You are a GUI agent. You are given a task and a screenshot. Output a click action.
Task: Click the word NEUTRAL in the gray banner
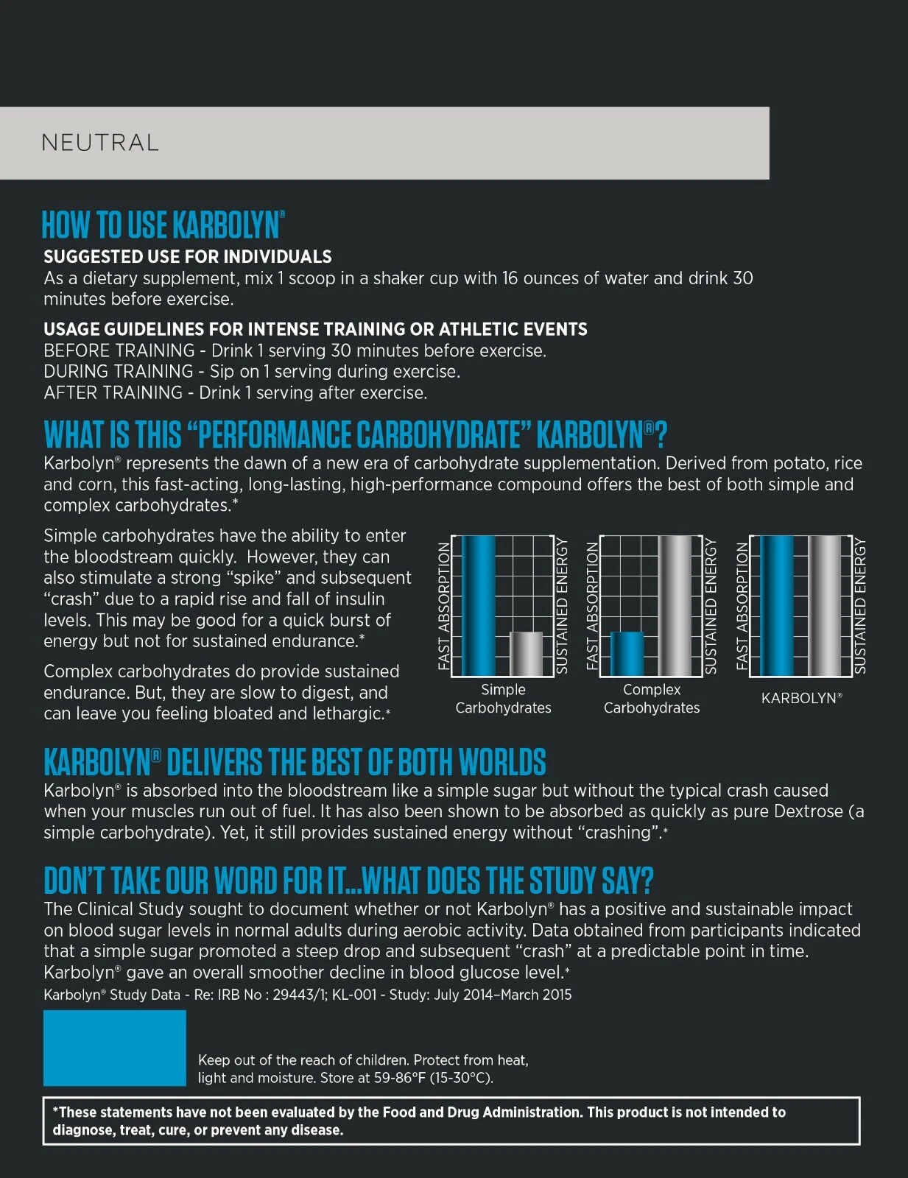pos(100,143)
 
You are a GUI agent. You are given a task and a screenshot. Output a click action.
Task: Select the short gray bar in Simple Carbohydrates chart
pos(526,653)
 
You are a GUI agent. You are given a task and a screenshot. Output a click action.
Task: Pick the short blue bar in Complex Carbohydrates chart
pos(627,653)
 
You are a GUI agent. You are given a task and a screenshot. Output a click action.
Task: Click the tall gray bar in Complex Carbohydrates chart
pos(675,605)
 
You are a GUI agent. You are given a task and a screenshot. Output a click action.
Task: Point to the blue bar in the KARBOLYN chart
pos(776,605)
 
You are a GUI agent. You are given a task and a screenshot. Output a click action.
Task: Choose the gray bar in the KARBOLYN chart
pos(825,605)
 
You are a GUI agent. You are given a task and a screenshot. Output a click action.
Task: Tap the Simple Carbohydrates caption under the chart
pos(503,699)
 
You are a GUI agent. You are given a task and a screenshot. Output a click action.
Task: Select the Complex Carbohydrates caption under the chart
pos(652,699)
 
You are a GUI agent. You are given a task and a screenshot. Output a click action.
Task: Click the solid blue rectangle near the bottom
pos(114,1048)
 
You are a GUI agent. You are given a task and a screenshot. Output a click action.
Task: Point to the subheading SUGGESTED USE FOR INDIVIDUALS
pos(188,257)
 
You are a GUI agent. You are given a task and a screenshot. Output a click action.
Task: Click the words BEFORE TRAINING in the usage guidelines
pos(119,350)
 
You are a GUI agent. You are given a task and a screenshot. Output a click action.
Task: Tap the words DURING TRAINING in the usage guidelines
pos(118,372)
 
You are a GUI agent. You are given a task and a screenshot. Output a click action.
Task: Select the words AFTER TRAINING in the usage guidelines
pos(113,393)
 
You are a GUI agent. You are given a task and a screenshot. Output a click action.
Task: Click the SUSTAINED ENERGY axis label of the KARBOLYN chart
pos(859,605)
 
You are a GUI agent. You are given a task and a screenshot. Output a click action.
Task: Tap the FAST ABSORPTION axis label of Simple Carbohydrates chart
pos(444,605)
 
